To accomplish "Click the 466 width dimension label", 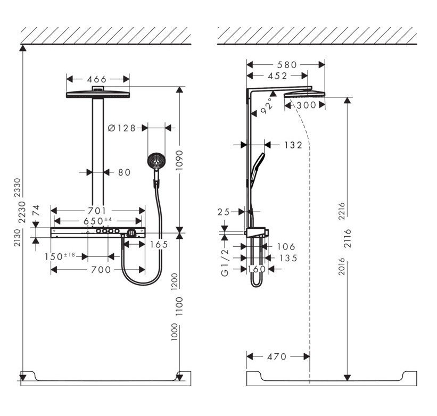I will pos(98,79).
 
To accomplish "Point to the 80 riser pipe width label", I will pos(124,172).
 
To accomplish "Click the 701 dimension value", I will pos(97,211).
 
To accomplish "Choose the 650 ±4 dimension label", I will pos(100,221).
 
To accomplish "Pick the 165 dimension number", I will pos(159,244).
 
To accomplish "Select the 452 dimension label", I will pos(277,76).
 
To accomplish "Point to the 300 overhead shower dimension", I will pos(306,105).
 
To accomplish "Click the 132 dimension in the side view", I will pos(293,145).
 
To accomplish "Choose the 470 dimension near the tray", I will pos(277,356).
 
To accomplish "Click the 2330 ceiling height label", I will pos(16,186).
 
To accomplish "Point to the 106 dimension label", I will pos(285,246).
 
